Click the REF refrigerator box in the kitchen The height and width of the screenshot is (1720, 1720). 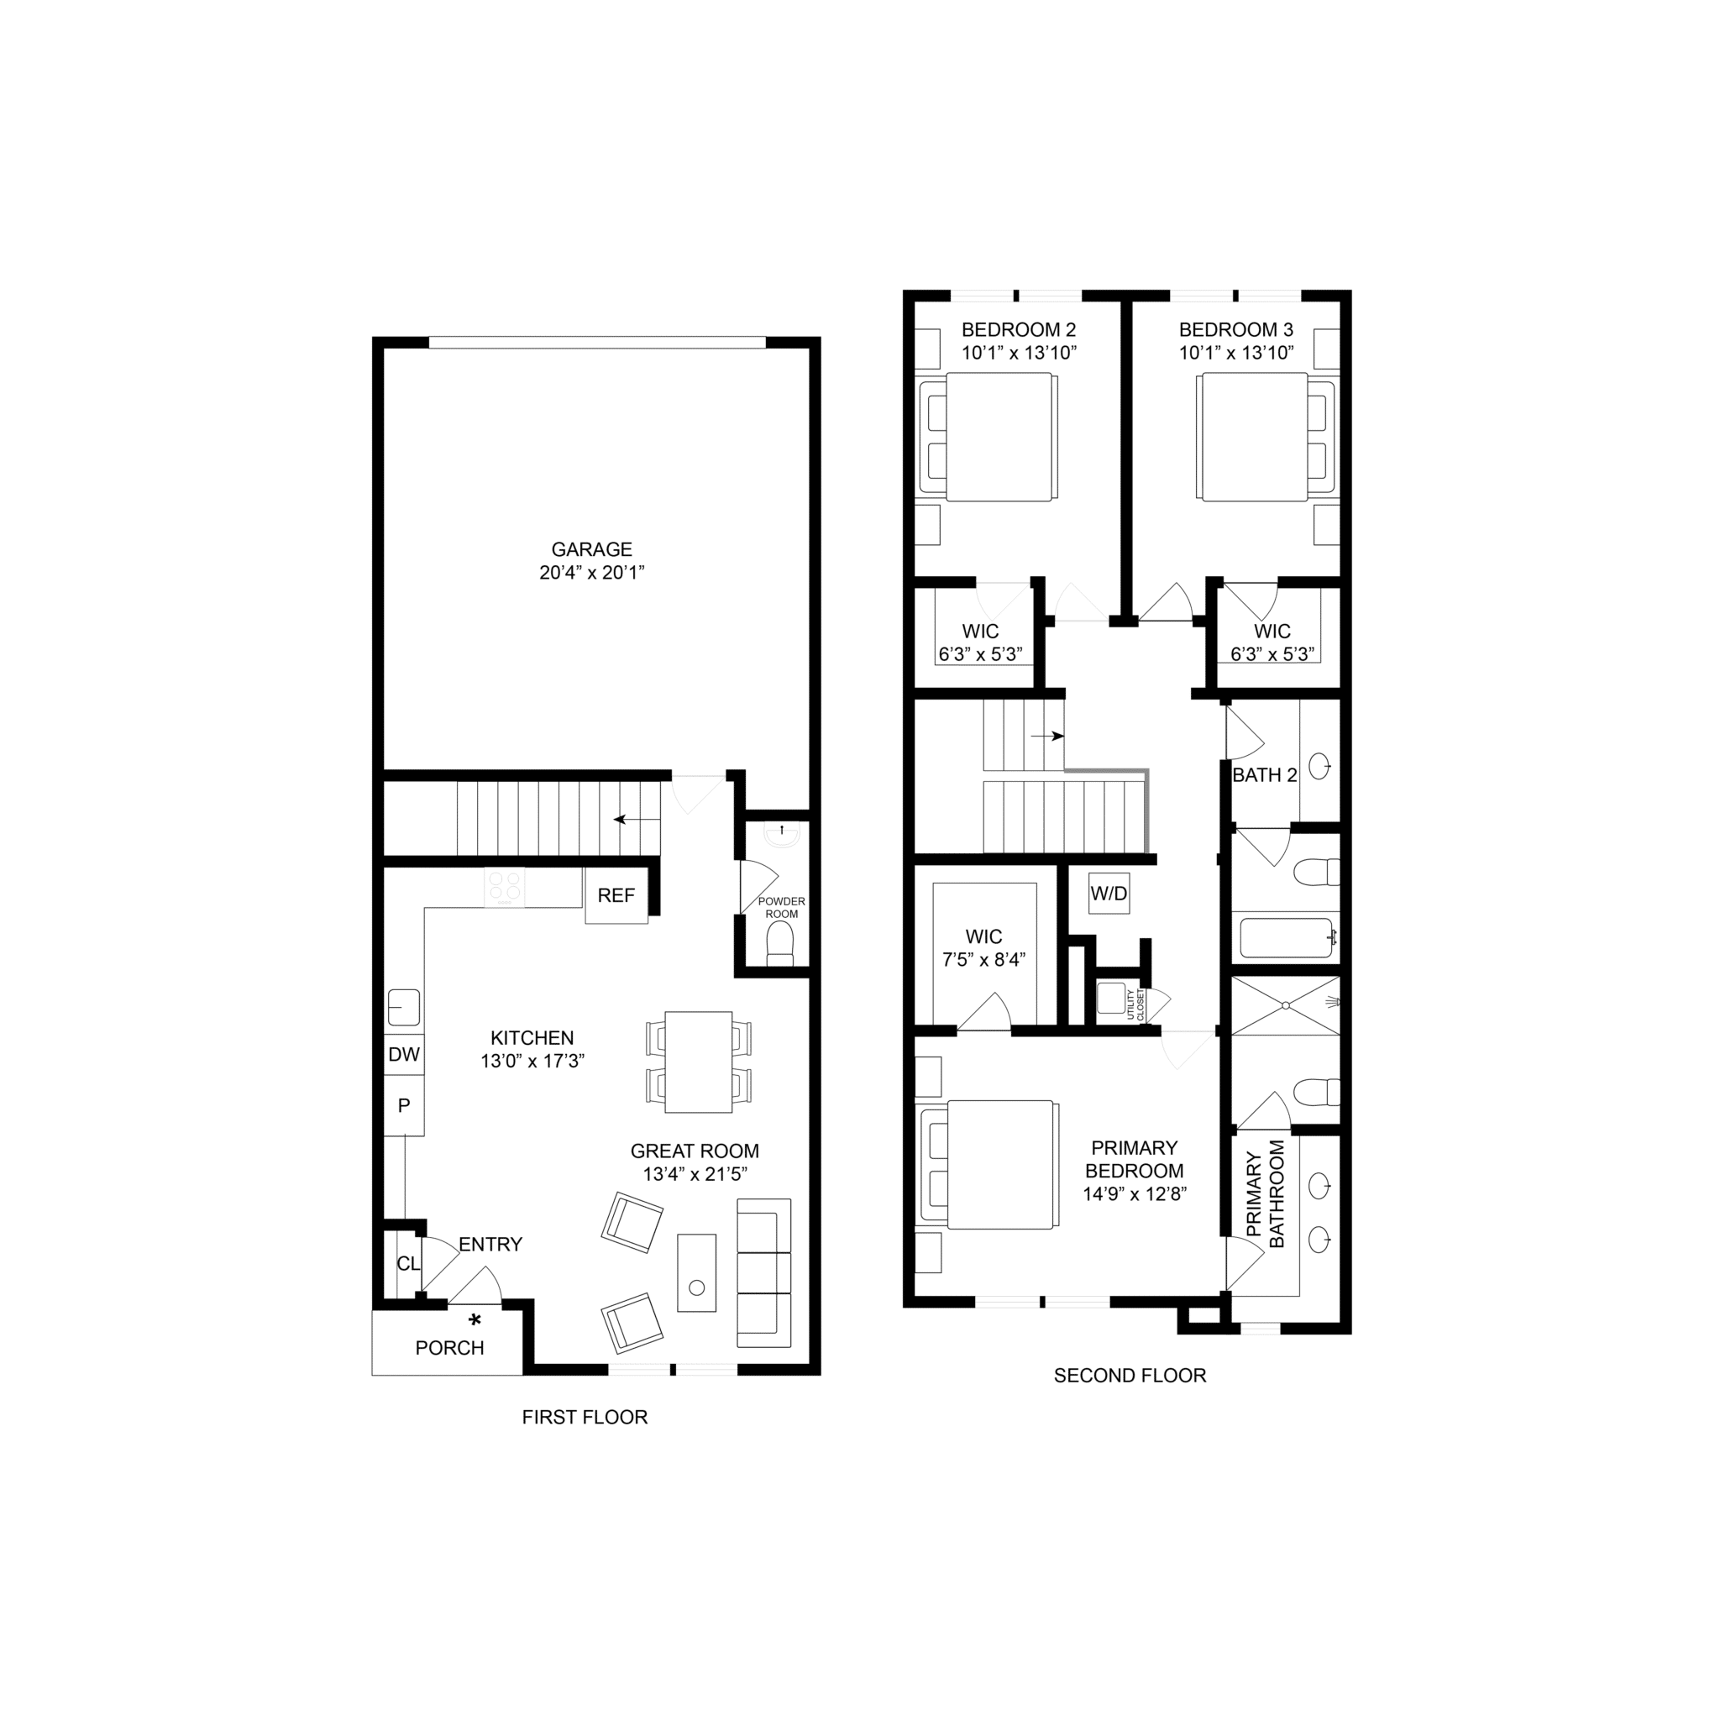click(616, 895)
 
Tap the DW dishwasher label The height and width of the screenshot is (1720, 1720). click(403, 1055)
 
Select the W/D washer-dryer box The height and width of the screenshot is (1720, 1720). click(1109, 893)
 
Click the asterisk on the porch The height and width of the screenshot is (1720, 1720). click(475, 1319)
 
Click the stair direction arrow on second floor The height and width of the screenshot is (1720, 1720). click(1047, 737)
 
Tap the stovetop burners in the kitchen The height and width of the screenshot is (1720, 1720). click(505, 888)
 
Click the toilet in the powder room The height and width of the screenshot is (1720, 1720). click(780, 944)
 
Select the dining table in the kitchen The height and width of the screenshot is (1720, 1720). click(699, 1062)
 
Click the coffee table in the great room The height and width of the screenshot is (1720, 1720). click(696, 1272)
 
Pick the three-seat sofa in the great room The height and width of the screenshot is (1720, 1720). click(764, 1273)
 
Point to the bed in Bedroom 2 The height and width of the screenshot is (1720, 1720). click(988, 436)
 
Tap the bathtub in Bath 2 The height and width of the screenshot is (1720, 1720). click(1286, 937)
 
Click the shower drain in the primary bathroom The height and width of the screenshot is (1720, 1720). click(1286, 1005)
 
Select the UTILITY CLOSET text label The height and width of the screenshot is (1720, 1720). click(1135, 1004)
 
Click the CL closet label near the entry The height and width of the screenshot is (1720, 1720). click(407, 1264)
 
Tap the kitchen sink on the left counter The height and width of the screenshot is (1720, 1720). click(404, 1007)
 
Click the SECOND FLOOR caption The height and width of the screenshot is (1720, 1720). click(1130, 1376)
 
